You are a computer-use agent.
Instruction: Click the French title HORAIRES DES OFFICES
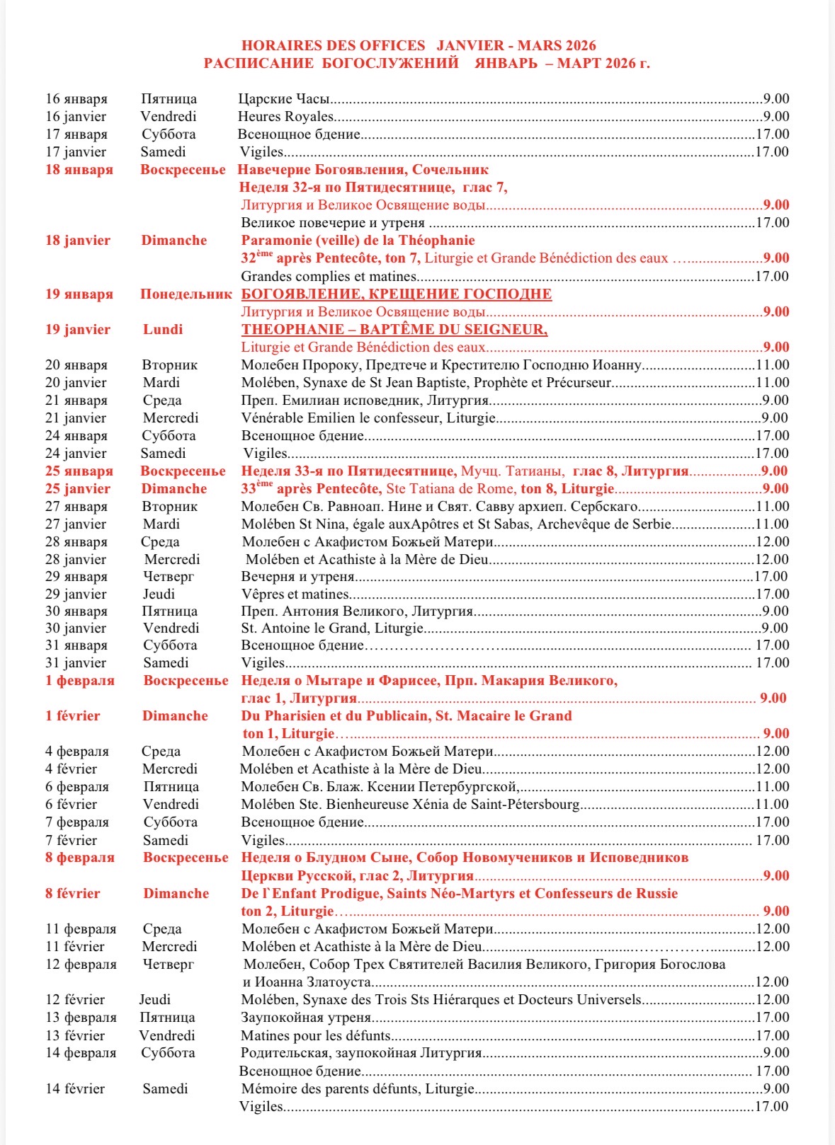pos(333,46)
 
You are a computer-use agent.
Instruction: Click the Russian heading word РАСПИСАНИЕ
pos(259,64)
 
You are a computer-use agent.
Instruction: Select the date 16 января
pos(76,99)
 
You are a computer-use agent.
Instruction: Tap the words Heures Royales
pos(286,117)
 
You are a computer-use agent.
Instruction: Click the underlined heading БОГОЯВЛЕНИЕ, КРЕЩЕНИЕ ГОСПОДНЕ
pos(397,294)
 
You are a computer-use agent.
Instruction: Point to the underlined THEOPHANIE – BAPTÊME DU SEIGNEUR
pos(394,330)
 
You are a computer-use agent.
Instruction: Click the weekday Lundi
pos(163,330)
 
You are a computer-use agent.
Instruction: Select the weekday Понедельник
pos(186,294)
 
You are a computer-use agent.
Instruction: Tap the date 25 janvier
pos(78,489)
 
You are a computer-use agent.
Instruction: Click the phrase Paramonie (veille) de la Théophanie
pos(358,241)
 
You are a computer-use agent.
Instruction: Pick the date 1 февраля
pos(80,681)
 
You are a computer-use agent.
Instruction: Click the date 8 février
pos(73,894)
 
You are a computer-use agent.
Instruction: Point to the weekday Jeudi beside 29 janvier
pos(159,594)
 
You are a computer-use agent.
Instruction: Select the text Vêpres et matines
pos(295,594)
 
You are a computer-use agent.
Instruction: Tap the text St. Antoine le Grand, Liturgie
pos(332,628)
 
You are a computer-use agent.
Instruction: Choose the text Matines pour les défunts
pos(316,1036)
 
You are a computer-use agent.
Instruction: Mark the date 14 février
pos(75,1089)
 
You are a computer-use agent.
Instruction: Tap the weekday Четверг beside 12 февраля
pos(168,965)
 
